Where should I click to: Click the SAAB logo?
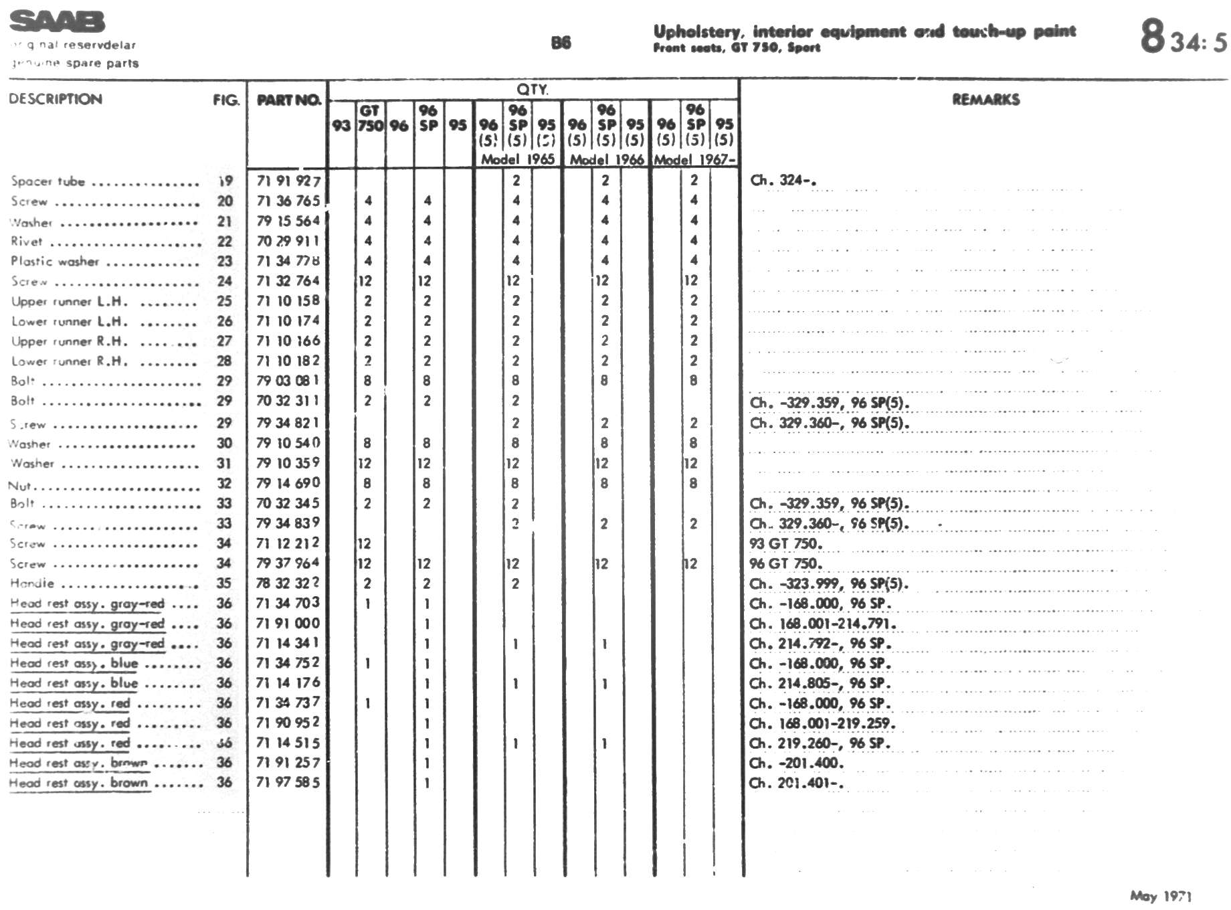[x=58, y=21]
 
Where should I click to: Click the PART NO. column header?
[x=288, y=100]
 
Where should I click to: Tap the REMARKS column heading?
[x=985, y=100]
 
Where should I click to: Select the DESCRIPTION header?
[x=56, y=99]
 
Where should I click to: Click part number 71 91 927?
[x=288, y=181]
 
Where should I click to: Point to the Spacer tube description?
[x=48, y=181]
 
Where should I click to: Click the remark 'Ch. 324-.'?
[x=782, y=180]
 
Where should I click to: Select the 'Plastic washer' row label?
[x=55, y=261]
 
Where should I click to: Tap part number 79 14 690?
[x=288, y=483]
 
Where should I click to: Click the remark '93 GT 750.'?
[x=785, y=543]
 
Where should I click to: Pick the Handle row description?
[x=32, y=583]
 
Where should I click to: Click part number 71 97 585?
[x=288, y=782]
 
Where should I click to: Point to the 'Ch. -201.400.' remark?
[x=796, y=763]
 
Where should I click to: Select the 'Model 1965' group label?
[x=518, y=159]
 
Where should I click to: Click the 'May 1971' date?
[x=1161, y=896]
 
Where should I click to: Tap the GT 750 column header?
[x=369, y=118]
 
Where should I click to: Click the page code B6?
[x=561, y=43]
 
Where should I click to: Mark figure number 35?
[x=224, y=583]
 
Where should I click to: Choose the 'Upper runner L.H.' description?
[x=70, y=301]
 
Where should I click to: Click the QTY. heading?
[x=533, y=89]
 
